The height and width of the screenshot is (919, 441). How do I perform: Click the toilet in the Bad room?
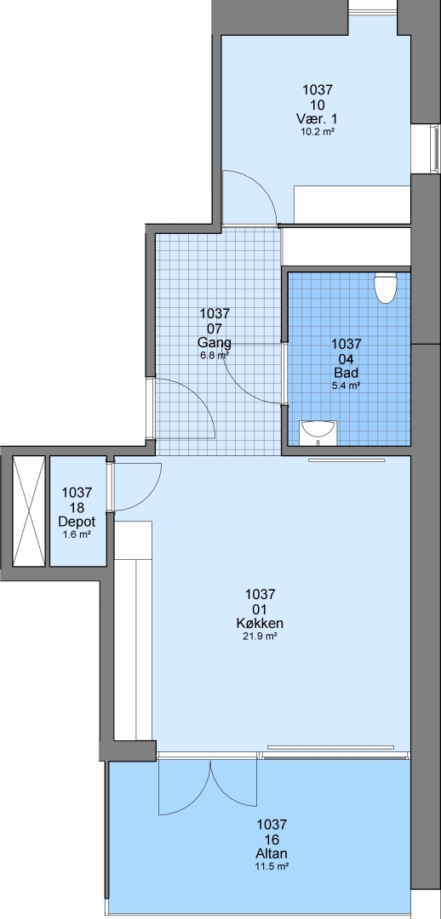pos(386,288)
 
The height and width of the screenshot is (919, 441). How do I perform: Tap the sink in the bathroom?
pos(318,433)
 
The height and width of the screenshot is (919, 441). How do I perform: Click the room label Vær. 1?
pos(318,120)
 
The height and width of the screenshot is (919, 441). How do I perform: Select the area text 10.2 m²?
pos(318,133)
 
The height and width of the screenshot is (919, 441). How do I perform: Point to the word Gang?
pos(215,343)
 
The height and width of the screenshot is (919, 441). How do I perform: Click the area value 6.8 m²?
pos(215,355)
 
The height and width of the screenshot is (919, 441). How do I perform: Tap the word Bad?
pos(346,373)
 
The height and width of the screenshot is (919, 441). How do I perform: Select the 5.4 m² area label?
pos(346,385)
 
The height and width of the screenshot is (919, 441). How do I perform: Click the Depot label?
pos(77,522)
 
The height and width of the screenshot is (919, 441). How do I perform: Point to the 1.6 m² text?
pos(77,534)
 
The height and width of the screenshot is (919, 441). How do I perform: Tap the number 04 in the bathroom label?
pos(346,358)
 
